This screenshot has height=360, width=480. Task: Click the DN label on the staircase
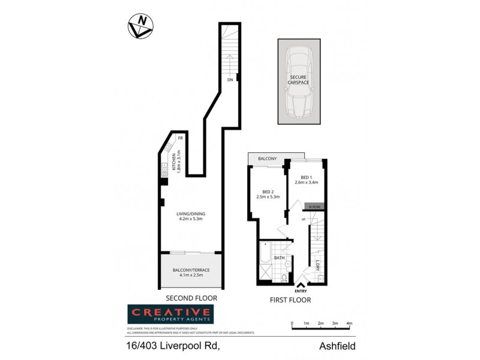coord(229,79)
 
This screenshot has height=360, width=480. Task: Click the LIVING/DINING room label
coord(191,216)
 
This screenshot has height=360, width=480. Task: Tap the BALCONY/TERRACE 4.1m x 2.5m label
coord(191,273)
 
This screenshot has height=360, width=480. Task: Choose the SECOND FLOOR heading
coord(191,298)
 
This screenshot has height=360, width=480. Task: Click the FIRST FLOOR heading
coord(290,300)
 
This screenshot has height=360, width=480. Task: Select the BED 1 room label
coord(306,179)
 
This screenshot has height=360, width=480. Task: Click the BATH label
coord(279,257)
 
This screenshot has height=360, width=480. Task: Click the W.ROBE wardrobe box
coord(315,207)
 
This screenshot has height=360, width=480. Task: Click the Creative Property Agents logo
coord(170,314)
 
